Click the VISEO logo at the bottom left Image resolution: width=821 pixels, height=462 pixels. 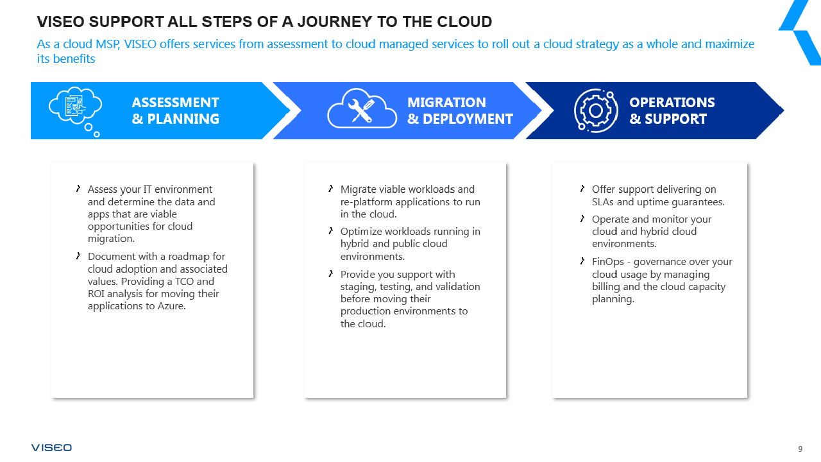point(51,447)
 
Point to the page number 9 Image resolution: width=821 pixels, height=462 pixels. point(800,449)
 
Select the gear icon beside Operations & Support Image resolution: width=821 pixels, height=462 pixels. point(595,110)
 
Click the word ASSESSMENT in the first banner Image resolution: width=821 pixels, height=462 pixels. point(175,103)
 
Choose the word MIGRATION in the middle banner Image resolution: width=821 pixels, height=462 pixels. point(446,103)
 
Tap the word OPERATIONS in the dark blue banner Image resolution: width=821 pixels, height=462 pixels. point(672,103)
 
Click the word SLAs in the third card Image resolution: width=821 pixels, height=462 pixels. point(604,201)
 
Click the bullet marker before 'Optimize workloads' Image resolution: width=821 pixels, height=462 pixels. point(331,231)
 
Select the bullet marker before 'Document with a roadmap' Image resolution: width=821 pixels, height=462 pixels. point(78,256)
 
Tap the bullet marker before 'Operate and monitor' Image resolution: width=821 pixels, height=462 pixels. point(582,219)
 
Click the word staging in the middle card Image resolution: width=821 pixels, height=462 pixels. point(357,287)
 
